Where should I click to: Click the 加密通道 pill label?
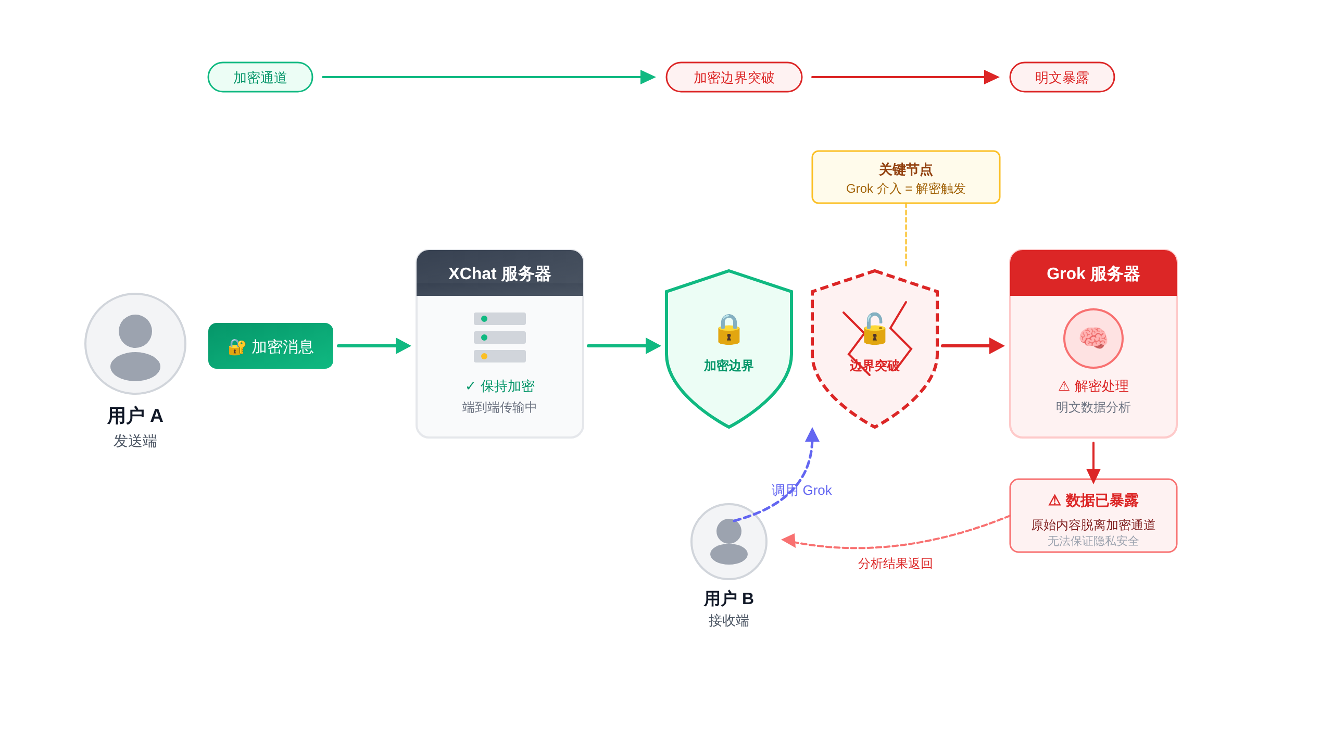tap(260, 77)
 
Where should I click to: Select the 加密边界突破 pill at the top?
tap(734, 77)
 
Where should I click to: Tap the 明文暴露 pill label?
tap(1062, 77)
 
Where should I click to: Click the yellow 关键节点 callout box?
tap(906, 177)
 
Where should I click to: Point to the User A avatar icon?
tap(135, 344)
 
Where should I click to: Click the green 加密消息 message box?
tap(271, 346)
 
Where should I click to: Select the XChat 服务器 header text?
tap(499, 273)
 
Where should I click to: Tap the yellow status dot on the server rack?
tap(484, 356)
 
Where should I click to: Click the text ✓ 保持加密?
tap(499, 386)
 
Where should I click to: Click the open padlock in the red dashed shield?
tap(875, 329)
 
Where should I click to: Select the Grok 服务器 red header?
tap(1093, 273)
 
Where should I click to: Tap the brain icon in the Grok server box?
tap(1093, 338)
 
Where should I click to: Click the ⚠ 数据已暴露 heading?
tap(1093, 501)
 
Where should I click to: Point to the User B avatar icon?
tap(728, 541)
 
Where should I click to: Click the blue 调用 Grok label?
tap(801, 490)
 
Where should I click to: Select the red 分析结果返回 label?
tap(895, 564)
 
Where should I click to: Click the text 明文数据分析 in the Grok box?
tap(1093, 407)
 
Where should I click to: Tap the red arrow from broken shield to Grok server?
tap(971, 346)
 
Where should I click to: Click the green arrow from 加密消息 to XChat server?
tap(372, 346)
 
